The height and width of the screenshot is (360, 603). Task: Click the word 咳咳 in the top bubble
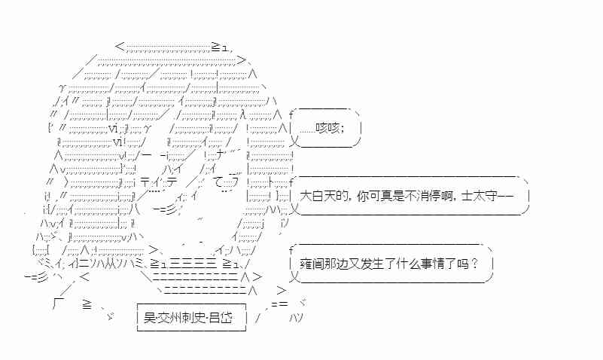tap(327, 127)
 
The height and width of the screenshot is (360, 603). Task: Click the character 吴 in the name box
tap(150, 318)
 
